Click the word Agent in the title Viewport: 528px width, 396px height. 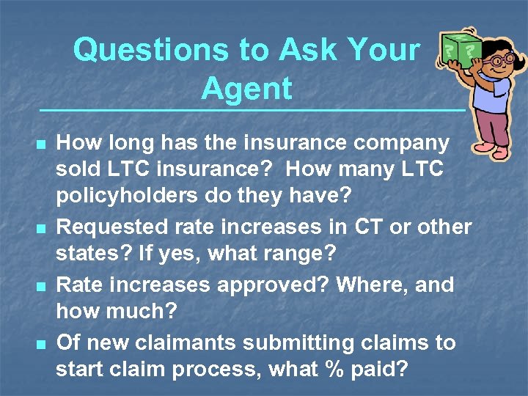246,89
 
